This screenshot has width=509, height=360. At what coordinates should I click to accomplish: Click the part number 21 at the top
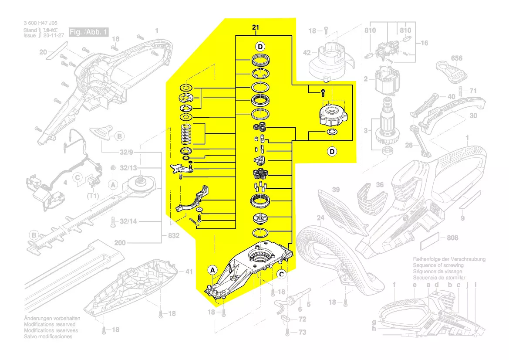(256, 28)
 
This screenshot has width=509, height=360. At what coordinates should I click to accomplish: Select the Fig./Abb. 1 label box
(89, 32)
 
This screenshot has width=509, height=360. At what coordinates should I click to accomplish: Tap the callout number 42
(307, 53)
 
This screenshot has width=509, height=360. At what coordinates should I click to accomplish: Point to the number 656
(456, 58)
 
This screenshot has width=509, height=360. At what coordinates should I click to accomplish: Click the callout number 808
(453, 238)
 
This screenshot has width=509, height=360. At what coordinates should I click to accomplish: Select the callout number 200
(120, 243)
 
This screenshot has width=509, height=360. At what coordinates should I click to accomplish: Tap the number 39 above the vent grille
(336, 190)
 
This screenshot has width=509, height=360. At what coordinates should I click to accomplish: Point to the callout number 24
(320, 218)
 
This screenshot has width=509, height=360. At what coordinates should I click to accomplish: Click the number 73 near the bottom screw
(302, 332)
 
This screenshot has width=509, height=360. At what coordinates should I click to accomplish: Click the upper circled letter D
(260, 46)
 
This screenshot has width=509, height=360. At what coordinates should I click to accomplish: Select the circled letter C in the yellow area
(281, 274)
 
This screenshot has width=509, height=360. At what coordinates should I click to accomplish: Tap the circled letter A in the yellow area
(212, 270)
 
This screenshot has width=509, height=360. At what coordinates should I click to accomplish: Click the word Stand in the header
(30, 30)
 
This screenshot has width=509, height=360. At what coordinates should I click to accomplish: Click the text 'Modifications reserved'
(49, 325)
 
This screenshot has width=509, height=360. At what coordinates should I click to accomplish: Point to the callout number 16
(424, 43)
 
